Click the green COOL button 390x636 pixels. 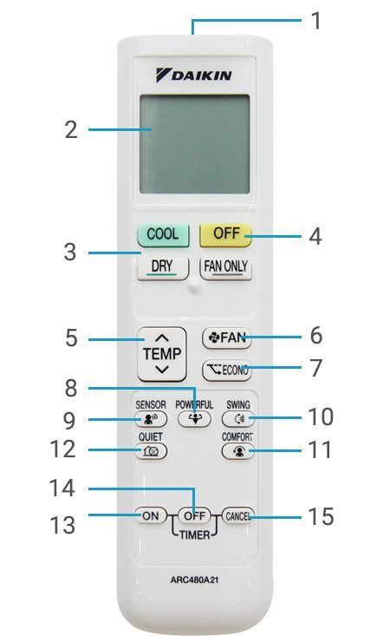point(163,234)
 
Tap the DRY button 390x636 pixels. point(163,267)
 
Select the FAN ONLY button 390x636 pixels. point(225,267)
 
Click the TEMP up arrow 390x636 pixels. point(163,338)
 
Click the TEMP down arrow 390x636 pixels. point(163,370)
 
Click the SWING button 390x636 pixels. point(237,418)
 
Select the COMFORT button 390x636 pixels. point(237,451)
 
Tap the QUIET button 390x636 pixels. point(151,451)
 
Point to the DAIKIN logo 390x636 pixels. point(194,75)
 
